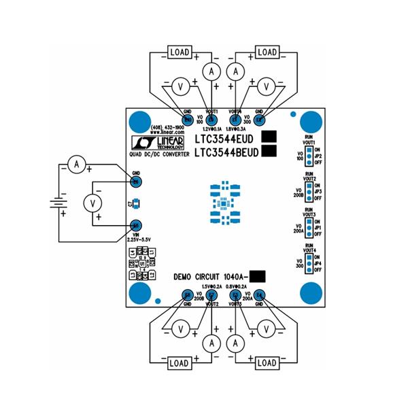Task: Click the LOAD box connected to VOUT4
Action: click(267, 52)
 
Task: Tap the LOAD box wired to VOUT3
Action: click(267, 363)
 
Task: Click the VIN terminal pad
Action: click(136, 225)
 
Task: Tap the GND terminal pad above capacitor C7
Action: click(136, 182)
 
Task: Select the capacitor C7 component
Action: click(136, 203)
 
